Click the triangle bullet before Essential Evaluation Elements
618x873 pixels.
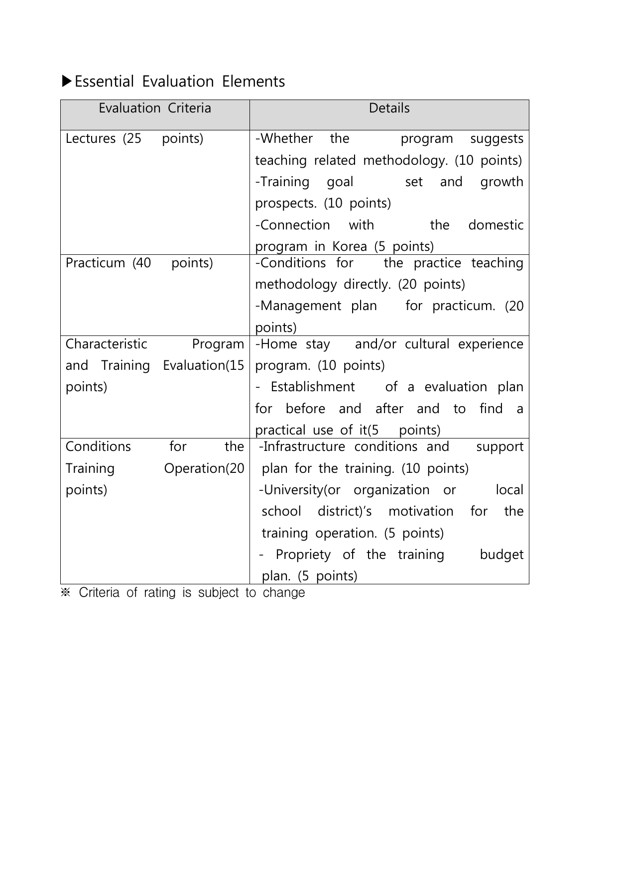coord(67,81)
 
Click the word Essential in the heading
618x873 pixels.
coord(104,81)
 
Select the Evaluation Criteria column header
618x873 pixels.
coord(155,109)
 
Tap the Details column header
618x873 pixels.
coord(389,109)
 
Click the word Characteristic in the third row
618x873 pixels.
coord(107,344)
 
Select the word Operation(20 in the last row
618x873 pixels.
coord(204,468)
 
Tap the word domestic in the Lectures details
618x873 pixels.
coord(495,225)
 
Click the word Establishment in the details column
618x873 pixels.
coord(313,387)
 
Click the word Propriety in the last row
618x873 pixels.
coord(303,554)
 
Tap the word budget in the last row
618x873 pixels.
coord(501,554)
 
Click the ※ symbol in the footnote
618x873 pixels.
coord(66,593)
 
